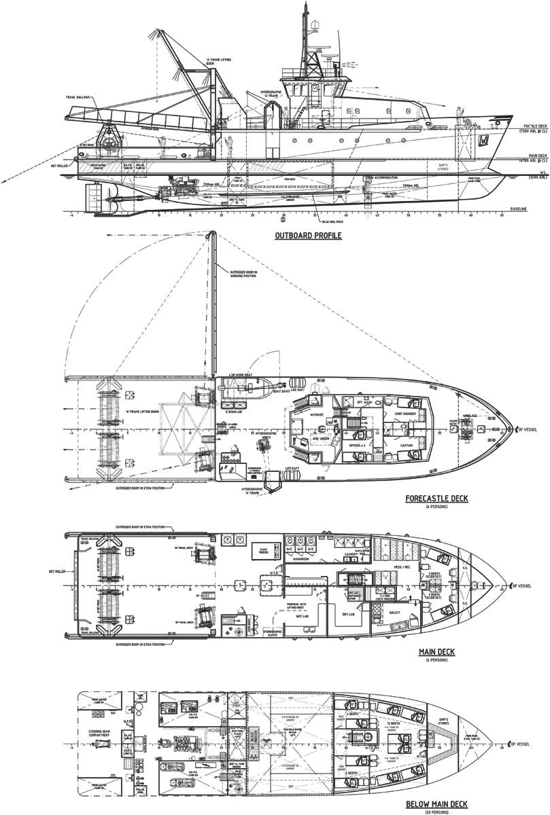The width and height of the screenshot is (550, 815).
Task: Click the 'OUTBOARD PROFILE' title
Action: click(309, 236)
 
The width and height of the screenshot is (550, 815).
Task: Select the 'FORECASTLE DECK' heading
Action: click(436, 498)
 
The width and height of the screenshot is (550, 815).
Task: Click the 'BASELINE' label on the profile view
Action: click(518, 209)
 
